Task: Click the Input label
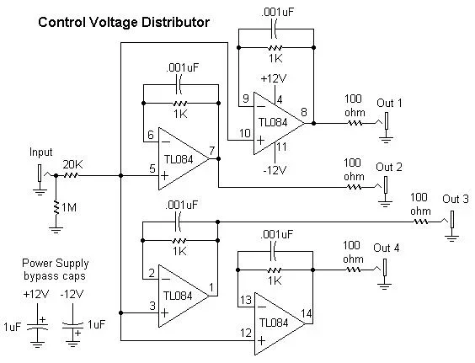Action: coord(40,152)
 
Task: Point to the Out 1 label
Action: coord(388,104)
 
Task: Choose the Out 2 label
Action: coord(388,165)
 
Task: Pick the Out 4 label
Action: coord(387,248)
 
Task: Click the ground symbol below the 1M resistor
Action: coord(56,225)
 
